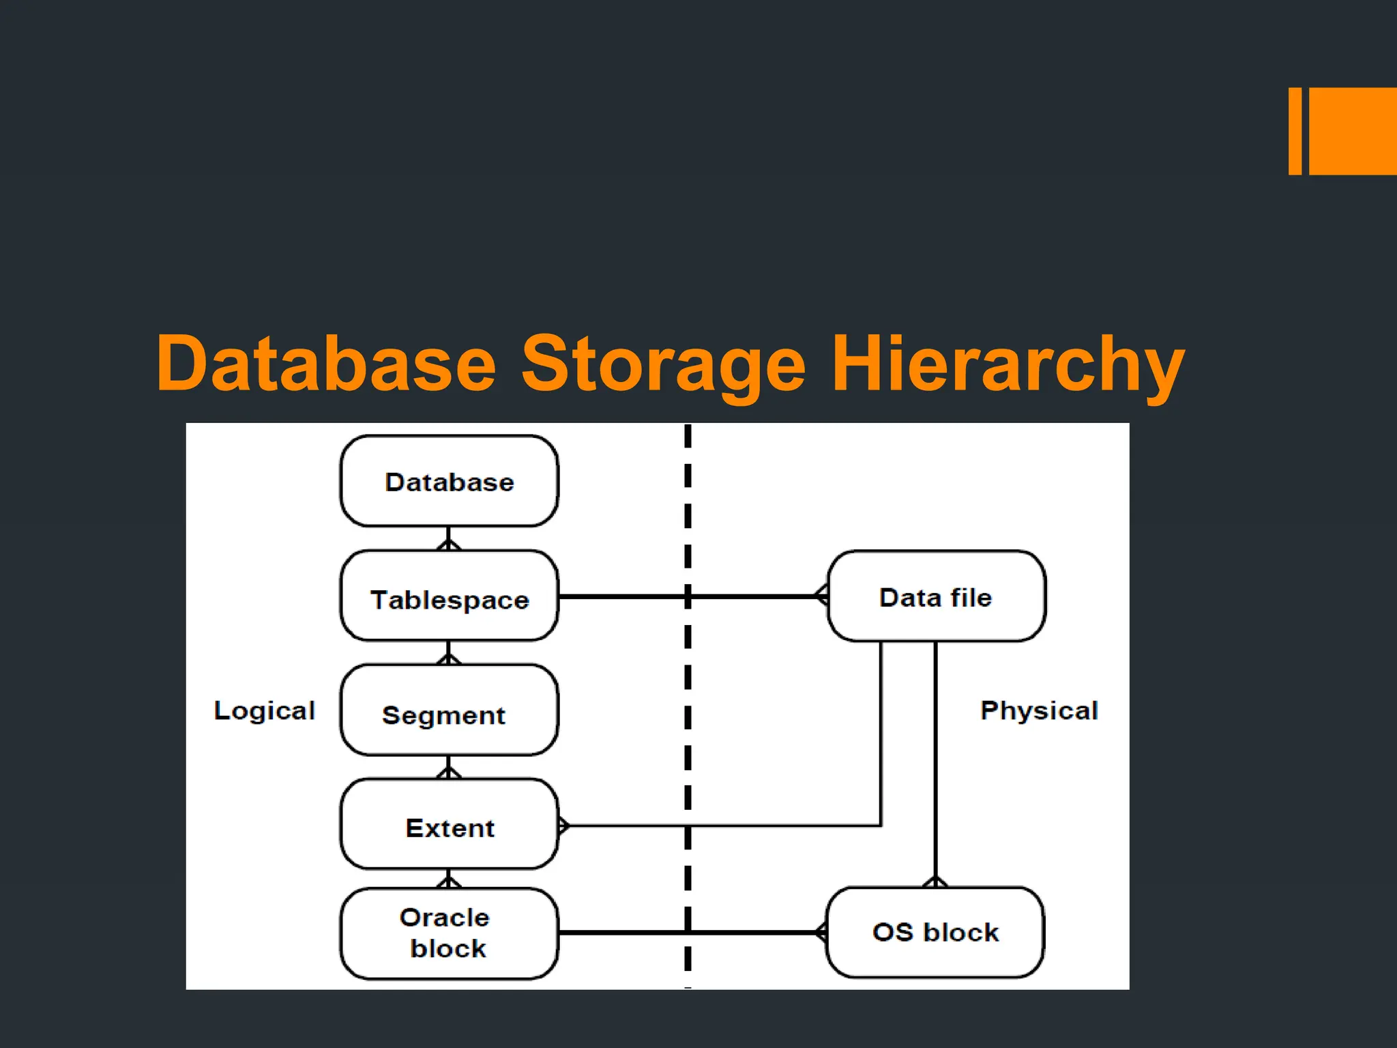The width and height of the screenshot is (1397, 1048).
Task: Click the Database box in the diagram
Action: (449, 481)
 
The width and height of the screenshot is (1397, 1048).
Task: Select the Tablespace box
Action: (449, 596)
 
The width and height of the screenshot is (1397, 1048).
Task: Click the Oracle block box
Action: (449, 933)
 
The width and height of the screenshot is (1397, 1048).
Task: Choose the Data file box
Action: (936, 596)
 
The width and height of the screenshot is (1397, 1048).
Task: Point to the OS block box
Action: (935, 932)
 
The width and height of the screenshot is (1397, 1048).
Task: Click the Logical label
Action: (265, 710)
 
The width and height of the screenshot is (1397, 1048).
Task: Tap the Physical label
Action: (1039, 710)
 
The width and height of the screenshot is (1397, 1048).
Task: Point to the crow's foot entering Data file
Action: (822, 596)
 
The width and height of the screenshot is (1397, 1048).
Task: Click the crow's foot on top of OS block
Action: (935, 882)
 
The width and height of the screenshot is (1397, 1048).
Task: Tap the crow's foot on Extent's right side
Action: (563, 826)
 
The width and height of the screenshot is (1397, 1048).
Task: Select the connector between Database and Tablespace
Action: (448, 538)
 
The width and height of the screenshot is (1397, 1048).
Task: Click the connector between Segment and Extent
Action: (448, 767)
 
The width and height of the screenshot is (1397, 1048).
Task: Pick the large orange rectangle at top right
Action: (1352, 131)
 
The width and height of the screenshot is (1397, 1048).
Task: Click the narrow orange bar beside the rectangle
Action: (1295, 131)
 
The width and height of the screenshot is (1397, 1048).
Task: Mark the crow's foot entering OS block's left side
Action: (821, 932)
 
